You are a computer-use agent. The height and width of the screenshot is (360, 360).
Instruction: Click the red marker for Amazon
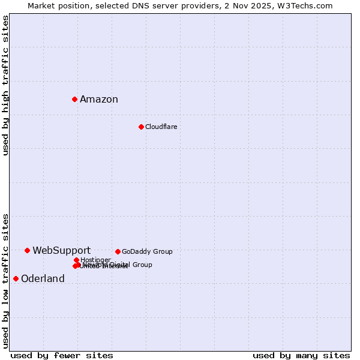[x=74, y=99]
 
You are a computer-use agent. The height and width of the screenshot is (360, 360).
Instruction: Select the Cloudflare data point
[x=141, y=127]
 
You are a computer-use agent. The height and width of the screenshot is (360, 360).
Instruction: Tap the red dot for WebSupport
[x=27, y=250]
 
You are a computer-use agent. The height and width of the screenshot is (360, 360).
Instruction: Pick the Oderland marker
[x=16, y=278]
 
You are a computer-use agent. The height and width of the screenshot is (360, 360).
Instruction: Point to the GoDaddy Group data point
[x=118, y=251]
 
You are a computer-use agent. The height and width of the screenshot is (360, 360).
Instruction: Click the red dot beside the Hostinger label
[x=76, y=260]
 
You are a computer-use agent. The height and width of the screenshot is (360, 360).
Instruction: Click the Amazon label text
[x=99, y=100]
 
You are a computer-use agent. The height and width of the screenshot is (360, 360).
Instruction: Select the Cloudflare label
[x=161, y=127]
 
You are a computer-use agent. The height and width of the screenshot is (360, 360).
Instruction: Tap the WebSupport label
[x=61, y=251]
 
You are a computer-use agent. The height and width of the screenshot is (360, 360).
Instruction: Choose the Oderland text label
[x=43, y=279]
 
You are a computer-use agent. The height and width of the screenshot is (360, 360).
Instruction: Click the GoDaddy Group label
[x=147, y=251]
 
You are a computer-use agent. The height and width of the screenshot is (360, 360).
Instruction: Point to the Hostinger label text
[x=95, y=260]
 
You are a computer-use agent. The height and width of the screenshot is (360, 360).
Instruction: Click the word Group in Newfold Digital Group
[x=142, y=265]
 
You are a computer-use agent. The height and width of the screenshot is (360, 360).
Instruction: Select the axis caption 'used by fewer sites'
[x=62, y=355]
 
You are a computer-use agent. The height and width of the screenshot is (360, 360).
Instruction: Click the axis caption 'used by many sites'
[x=301, y=355]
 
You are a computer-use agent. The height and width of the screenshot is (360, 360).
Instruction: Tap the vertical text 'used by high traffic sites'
[x=5, y=85]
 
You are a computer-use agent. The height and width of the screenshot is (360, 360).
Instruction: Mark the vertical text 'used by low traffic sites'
[x=5, y=280]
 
